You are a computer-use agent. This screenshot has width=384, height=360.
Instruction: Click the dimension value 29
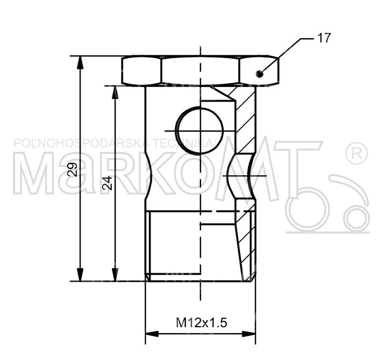[x=73, y=169]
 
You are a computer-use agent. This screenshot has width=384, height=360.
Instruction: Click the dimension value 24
[x=107, y=183]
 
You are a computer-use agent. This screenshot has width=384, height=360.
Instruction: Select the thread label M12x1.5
[x=201, y=322]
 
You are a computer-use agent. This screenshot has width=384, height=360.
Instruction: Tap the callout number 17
[x=324, y=38]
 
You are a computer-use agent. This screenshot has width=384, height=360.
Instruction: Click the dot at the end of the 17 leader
[x=259, y=73]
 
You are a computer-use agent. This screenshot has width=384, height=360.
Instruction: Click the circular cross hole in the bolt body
[x=200, y=131]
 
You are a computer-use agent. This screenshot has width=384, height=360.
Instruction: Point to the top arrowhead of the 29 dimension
[x=80, y=63]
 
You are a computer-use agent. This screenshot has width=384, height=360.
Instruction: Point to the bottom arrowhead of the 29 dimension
[x=80, y=275]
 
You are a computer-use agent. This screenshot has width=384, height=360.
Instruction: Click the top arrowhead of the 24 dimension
[x=115, y=92]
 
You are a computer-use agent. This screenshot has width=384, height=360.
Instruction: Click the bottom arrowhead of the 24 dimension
[x=115, y=275]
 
